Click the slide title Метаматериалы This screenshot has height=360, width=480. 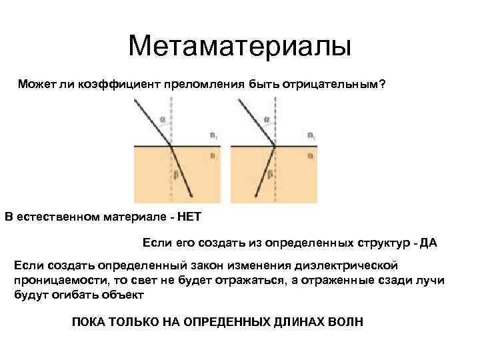pyautogui.click(x=239, y=46)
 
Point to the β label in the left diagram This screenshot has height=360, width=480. pyautogui.click(x=176, y=175)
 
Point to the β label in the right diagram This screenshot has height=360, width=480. pyautogui.click(x=269, y=175)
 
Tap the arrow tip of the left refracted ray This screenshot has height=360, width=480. pyautogui.click(x=192, y=197)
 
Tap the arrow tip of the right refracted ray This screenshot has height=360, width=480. pyautogui.click(x=258, y=197)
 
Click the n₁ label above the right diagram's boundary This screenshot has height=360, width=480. pyautogui.click(x=311, y=135)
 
